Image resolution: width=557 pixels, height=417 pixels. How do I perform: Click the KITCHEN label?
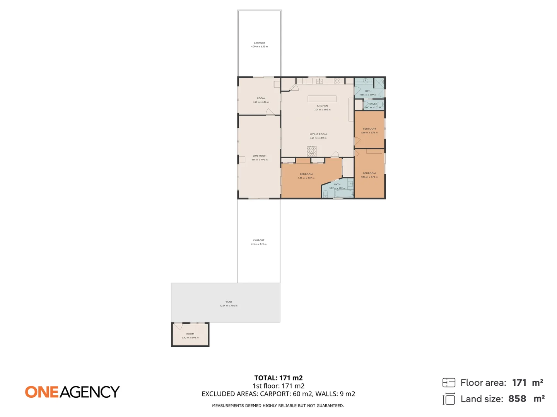322,106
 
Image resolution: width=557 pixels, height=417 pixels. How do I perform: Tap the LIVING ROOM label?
318,134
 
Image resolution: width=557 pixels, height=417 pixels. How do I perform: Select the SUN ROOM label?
259,156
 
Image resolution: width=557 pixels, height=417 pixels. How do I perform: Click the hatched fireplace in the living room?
312,151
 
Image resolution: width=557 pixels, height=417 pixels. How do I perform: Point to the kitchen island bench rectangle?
322,99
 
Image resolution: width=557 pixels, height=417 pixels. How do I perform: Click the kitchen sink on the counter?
320,81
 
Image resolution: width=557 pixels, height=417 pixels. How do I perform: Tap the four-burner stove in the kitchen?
337,81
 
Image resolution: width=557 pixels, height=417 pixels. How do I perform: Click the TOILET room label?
372,104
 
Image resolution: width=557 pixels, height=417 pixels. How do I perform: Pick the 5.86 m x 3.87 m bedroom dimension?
306,178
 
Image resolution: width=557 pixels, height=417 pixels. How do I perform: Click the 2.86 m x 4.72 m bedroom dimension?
369,177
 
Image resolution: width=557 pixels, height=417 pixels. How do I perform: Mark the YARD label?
229,302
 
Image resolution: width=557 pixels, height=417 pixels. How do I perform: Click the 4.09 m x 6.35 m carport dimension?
259,47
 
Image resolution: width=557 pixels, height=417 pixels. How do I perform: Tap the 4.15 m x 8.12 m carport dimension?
258,244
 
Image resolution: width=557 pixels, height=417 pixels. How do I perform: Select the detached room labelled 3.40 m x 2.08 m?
190,335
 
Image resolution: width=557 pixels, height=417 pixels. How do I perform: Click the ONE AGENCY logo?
72,392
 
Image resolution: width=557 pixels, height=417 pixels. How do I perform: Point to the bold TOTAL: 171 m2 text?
278,378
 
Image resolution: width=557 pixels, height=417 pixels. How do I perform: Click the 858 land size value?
517,399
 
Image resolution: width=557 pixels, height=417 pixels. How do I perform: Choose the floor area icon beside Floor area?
449,383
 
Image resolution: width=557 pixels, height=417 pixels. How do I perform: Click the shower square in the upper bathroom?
379,82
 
